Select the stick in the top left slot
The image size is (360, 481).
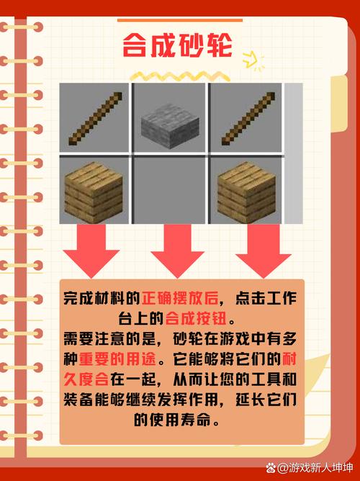point(94,117)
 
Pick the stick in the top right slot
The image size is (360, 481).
point(246,117)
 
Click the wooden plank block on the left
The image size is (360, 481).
point(94,191)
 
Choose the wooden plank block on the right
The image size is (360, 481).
point(246,191)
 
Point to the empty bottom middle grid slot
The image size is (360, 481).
point(171,191)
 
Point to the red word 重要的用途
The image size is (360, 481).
point(112,359)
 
